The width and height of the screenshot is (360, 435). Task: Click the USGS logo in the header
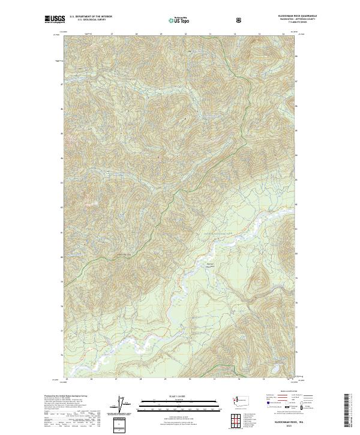click(53, 19)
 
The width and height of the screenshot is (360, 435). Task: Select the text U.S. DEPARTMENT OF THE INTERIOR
click(91, 17)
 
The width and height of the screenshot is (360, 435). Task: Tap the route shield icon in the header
click(240, 20)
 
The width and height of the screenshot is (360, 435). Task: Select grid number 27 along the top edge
click(112, 34)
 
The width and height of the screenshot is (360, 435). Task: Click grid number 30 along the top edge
click(186, 34)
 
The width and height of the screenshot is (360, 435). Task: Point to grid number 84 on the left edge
click(62, 158)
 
